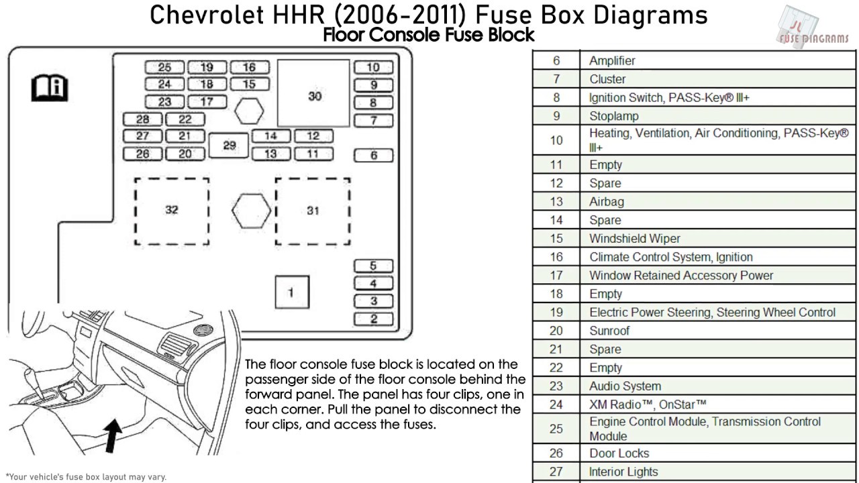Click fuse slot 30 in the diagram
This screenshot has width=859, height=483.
point(314,97)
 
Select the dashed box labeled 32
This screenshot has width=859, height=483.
point(172,211)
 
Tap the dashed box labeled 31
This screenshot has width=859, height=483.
point(313,211)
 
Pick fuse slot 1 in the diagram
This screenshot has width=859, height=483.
point(291,292)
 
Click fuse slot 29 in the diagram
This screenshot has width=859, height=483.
point(229,145)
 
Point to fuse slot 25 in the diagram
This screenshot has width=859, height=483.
point(164,67)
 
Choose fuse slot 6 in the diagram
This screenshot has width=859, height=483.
point(374,155)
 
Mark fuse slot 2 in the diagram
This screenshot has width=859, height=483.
point(374,319)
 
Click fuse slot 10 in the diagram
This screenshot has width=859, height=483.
point(373,67)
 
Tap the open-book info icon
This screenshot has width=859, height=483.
point(50,88)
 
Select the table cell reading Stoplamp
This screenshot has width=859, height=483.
point(614,116)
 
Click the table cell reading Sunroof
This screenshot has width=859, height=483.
point(609,331)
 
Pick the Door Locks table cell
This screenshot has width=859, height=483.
point(619,453)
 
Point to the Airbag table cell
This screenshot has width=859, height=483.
point(606,201)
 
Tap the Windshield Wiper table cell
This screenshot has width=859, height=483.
point(634,239)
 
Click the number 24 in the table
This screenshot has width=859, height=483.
point(556,405)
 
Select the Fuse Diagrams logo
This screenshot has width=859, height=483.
point(813,30)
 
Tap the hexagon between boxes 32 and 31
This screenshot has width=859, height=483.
point(252,211)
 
